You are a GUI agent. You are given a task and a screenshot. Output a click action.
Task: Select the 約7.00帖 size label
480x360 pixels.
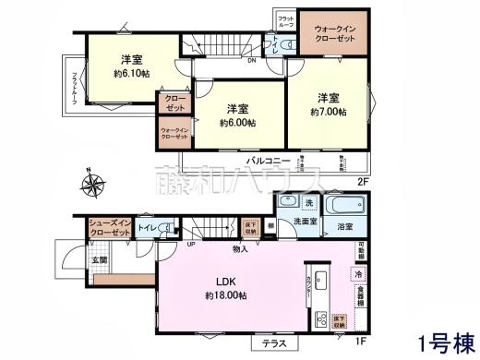328,112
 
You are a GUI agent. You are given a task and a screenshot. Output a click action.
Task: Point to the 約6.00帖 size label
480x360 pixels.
237,122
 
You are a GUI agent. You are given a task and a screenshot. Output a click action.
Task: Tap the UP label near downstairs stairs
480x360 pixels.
190,245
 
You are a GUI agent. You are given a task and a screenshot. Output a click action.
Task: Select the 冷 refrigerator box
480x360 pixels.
356,274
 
